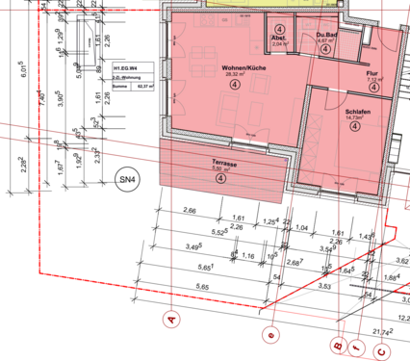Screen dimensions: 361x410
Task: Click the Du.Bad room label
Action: point(323,36)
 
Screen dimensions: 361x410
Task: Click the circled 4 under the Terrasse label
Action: point(222,178)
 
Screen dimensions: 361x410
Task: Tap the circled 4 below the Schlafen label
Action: point(356,132)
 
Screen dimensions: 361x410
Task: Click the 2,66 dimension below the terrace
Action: point(189,210)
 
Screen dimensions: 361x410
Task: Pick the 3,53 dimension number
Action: point(325,286)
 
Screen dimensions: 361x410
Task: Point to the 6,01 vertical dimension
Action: point(22,69)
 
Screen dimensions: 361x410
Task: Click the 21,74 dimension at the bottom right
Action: point(382,331)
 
